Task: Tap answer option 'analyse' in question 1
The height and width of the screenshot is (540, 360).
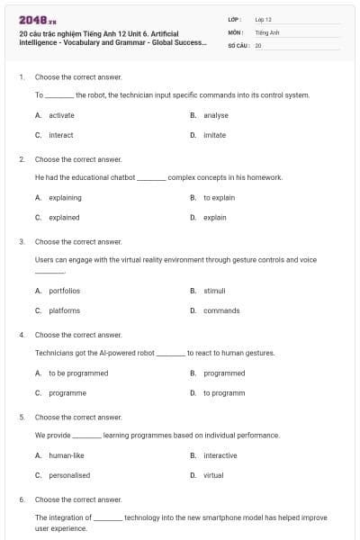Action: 215,115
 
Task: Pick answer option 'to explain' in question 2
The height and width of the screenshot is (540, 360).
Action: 219,197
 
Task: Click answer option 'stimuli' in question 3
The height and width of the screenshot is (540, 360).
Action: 214,291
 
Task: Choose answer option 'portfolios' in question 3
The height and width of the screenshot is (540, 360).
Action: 64,291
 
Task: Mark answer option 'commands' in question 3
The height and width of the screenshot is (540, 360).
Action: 221,310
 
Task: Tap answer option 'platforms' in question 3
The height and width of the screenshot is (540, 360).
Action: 64,310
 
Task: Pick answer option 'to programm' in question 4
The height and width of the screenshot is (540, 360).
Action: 224,392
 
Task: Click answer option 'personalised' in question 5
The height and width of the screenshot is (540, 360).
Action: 69,475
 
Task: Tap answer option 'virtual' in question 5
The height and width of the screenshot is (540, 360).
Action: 213,475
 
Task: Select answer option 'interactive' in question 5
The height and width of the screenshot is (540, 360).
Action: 220,455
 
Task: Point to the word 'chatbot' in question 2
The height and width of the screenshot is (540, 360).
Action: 121,177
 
